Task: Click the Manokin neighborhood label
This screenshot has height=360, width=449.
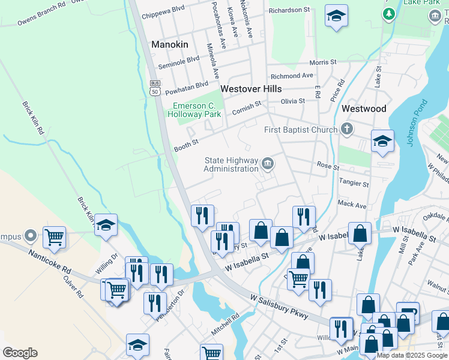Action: [170, 44]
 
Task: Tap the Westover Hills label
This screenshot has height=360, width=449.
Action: [251, 88]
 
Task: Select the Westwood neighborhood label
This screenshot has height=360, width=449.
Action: [364, 109]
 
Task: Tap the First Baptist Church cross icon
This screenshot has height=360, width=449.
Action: [346, 129]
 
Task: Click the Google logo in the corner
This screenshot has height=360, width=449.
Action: [20, 353]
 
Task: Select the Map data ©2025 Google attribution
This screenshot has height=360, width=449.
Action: [412, 355]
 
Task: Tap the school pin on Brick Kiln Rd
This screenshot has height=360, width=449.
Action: [106, 225]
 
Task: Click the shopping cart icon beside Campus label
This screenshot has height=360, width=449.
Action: [54, 236]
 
